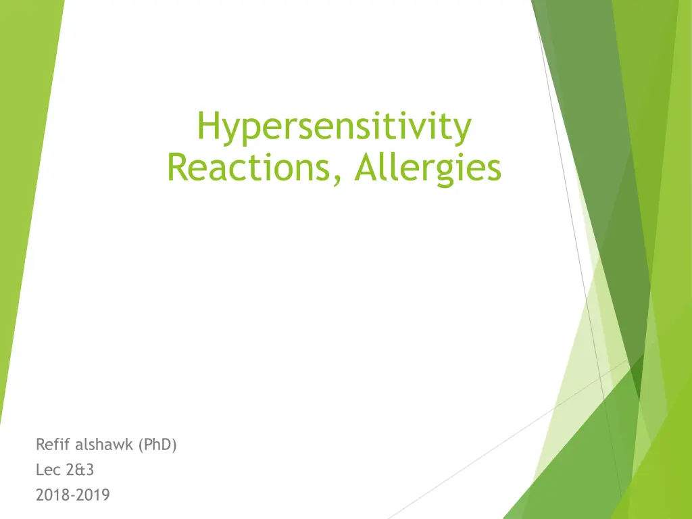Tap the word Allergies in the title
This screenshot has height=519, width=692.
(428, 169)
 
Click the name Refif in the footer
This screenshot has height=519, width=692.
(53, 444)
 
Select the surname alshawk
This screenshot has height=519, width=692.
(104, 444)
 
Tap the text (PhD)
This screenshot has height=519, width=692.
(157, 445)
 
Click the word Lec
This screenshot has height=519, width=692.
(48, 470)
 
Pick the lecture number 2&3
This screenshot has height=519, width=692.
(80, 470)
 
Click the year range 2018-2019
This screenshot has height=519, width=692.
(73, 495)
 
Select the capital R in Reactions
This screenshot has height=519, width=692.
(178, 168)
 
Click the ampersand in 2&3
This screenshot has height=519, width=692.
(80, 470)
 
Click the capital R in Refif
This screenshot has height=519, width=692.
(41, 445)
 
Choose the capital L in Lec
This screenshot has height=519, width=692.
(40, 470)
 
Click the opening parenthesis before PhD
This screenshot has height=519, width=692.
(141, 445)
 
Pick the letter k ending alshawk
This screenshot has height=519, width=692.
(130, 444)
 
